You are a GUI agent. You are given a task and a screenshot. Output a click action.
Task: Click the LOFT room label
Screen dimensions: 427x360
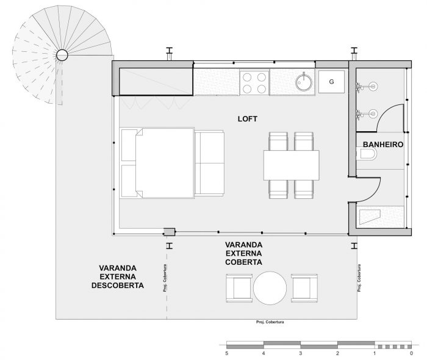(x=247, y=119)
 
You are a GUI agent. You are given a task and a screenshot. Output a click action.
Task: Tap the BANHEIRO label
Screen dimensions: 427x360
(x=383, y=145)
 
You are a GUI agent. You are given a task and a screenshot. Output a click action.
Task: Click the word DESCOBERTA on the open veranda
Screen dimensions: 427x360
(x=118, y=286)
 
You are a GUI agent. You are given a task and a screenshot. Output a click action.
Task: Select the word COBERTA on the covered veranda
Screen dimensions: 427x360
(x=243, y=262)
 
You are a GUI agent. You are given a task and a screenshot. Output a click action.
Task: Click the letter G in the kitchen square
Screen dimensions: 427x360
(x=331, y=82)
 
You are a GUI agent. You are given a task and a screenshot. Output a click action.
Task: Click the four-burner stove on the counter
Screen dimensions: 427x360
(x=254, y=82)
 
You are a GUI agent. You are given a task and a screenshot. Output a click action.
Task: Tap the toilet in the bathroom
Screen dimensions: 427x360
(x=367, y=154)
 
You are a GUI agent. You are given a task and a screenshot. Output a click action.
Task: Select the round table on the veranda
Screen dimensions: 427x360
(x=270, y=288)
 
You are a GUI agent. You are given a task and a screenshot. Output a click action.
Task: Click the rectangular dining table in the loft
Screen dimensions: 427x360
(x=292, y=165)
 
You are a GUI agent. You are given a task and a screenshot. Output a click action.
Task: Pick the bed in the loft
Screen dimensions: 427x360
(x=157, y=163)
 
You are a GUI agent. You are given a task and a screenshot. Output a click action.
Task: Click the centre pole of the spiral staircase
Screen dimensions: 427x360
(x=62, y=56)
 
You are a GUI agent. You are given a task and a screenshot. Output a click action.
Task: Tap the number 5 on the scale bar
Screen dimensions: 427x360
(x=226, y=353)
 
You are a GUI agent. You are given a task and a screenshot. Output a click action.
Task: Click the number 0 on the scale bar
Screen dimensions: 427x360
(x=411, y=353)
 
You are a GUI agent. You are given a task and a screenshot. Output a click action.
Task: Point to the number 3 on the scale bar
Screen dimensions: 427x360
(x=300, y=353)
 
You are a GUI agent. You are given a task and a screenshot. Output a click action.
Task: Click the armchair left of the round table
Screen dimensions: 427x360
(x=239, y=288)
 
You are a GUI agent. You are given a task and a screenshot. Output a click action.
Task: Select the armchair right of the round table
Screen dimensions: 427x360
(x=304, y=288)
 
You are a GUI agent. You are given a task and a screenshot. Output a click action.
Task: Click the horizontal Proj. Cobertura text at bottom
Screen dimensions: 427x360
(x=270, y=322)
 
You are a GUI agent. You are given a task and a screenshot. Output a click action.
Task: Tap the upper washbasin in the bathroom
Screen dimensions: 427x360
(x=367, y=87)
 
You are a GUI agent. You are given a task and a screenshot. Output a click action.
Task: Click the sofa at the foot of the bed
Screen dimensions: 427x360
(x=209, y=164)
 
